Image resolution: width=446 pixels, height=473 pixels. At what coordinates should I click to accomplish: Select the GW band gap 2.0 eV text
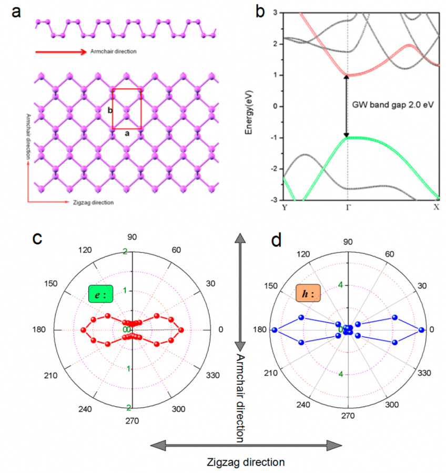pos(393,105)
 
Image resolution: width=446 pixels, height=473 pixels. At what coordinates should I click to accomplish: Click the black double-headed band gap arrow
pos(346,106)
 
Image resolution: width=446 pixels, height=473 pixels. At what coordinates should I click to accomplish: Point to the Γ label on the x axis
pos(347,207)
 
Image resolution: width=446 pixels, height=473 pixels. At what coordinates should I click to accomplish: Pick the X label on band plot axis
pos(436,207)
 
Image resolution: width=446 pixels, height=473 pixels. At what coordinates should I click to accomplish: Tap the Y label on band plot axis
pos(284,207)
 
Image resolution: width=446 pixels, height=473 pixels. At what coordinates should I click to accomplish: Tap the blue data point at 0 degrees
pos(421,330)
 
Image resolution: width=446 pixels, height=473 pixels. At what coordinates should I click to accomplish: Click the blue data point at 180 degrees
pos(274,330)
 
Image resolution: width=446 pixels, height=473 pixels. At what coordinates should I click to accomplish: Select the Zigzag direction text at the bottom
pos(246,462)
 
